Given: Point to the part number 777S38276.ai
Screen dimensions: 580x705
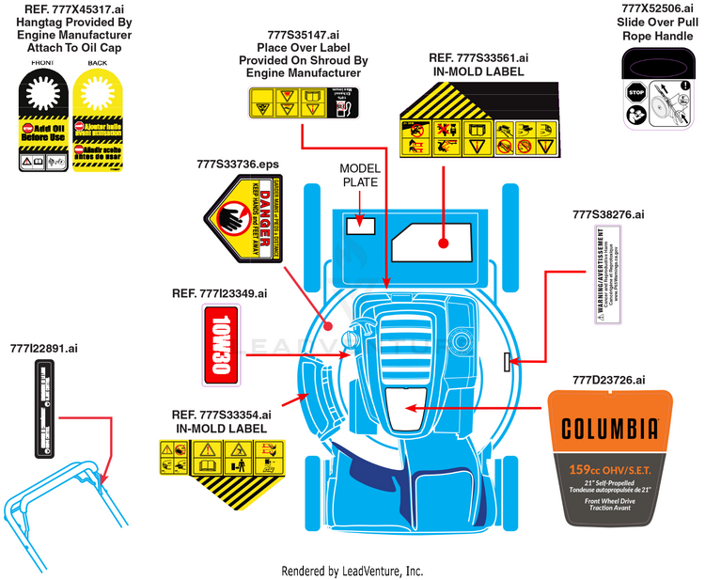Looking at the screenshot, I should [608, 214].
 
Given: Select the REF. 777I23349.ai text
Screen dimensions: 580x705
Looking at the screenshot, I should [219, 293].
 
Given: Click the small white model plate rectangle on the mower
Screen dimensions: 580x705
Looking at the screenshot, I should [360, 225].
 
